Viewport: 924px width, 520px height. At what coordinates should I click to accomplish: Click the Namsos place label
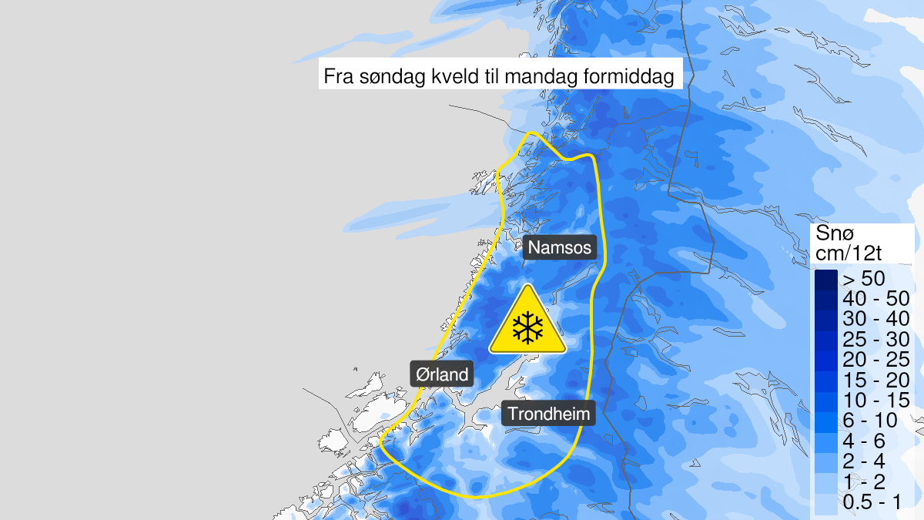pyautogui.click(x=560, y=248)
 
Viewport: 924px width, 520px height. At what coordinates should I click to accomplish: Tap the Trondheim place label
pyautogui.click(x=549, y=414)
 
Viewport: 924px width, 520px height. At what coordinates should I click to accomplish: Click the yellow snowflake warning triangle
pyautogui.click(x=527, y=322)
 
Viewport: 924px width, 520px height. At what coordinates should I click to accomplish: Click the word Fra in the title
pyautogui.click(x=340, y=78)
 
